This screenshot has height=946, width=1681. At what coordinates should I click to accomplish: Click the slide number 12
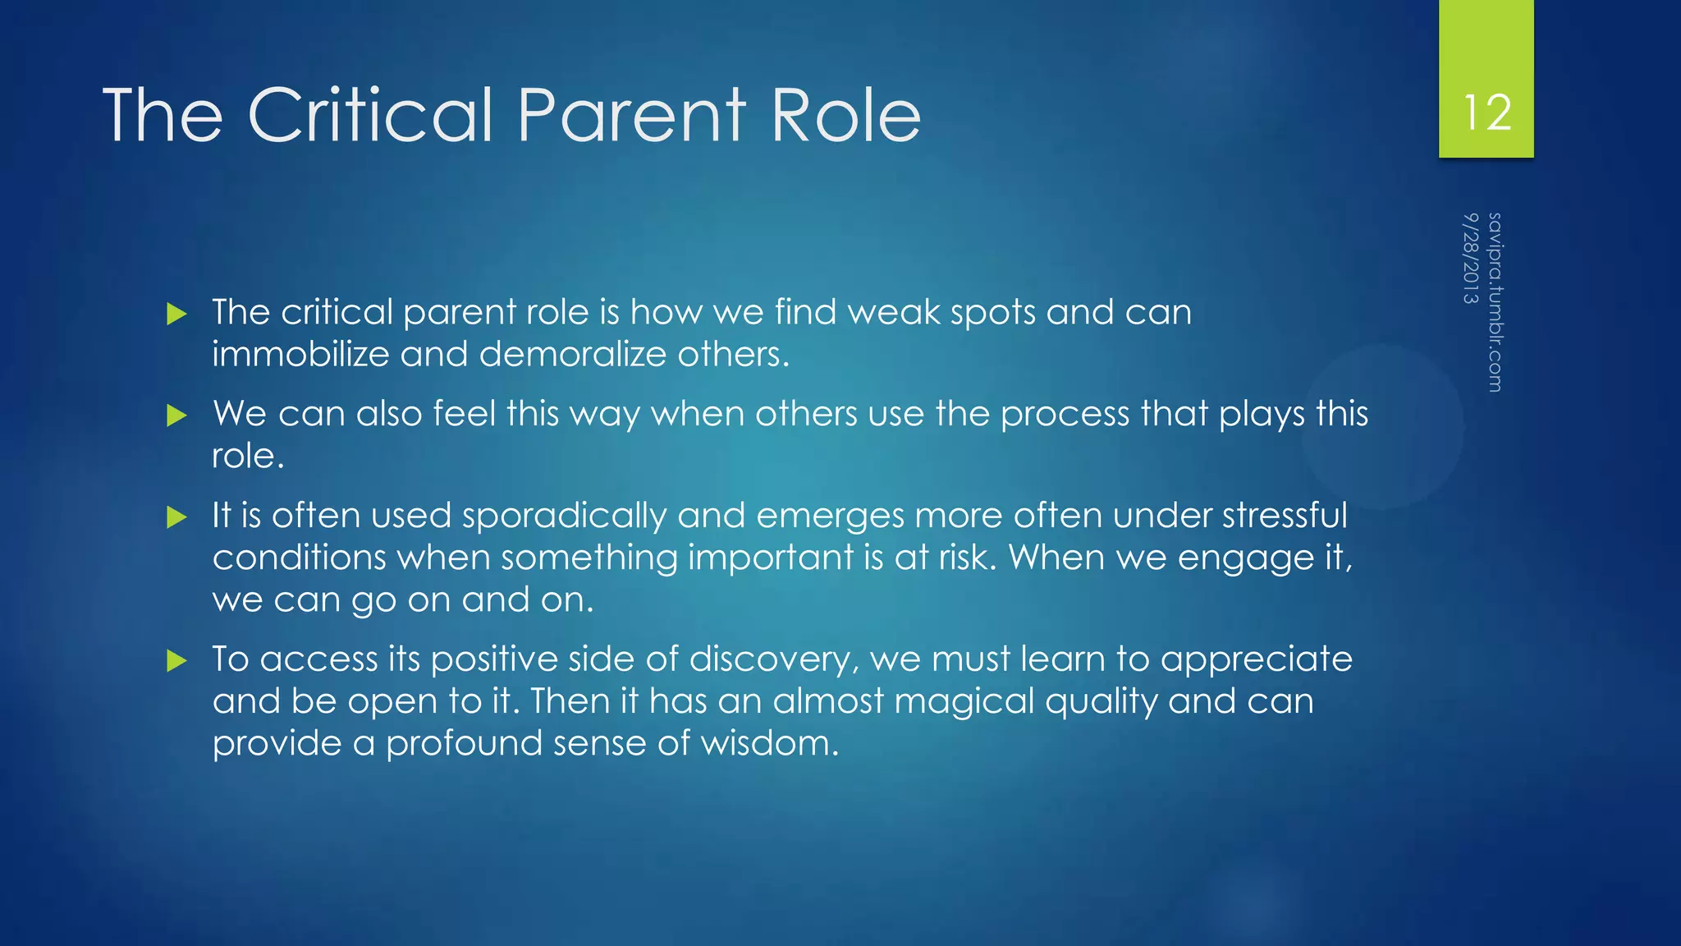pyautogui.click(x=1486, y=113)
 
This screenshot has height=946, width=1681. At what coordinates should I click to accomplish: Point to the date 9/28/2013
pyautogui.click(x=1470, y=258)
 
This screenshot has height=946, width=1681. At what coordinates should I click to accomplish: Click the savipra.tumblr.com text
pyautogui.click(x=1495, y=302)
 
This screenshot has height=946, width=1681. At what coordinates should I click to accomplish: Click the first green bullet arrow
pyautogui.click(x=176, y=314)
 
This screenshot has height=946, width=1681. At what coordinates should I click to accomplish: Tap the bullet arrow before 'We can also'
pyautogui.click(x=176, y=416)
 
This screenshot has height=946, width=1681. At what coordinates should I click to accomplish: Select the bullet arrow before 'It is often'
pyautogui.click(x=176, y=517)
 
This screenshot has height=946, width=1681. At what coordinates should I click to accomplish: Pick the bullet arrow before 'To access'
pyautogui.click(x=176, y=660)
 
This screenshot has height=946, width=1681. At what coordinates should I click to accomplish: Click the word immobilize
pyautogui.click(x=300, y=355)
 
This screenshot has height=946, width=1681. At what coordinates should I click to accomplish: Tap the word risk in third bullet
pyautogui.click(x=966, y=558)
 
